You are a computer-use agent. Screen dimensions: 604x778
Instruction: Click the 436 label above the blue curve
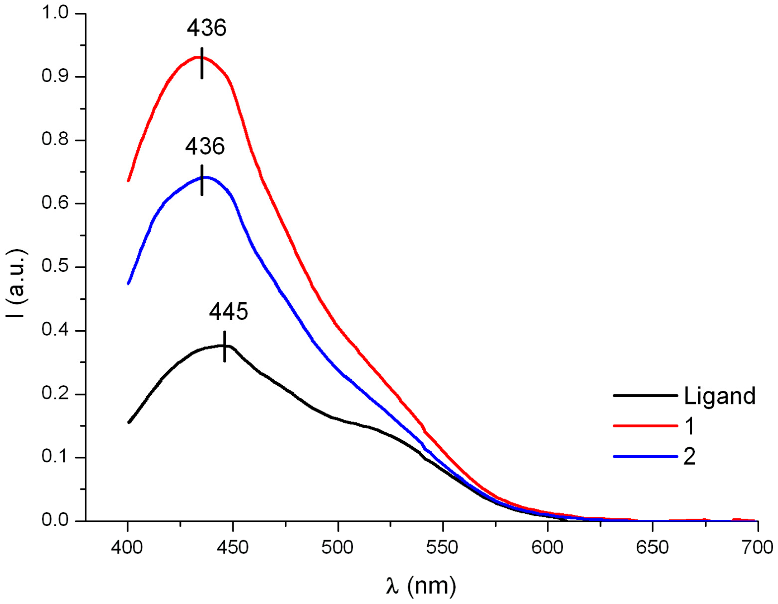[205, 146]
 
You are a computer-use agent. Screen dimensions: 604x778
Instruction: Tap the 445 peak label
[228, 312]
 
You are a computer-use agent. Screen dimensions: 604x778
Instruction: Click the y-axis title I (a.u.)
[16, 283]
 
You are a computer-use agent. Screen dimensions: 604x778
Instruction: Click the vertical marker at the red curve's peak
[202, 63]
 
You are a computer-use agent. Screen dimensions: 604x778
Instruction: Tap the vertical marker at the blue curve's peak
[202, 180]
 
